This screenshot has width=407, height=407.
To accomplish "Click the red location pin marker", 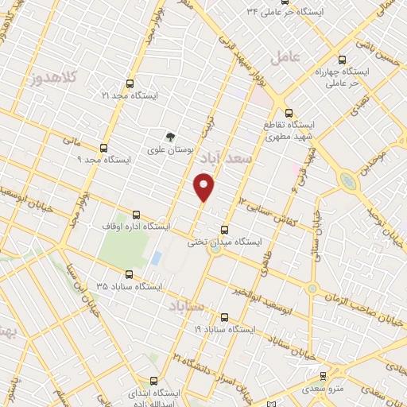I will pyautogui.click(x=204, y=188).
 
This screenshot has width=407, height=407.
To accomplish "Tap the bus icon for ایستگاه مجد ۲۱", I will pyautogui.click(x=129, y=82).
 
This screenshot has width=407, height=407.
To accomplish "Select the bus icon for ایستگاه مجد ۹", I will pyautogui.click(x=104, y=148).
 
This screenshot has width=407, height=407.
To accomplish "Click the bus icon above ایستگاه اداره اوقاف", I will pyautogui.click(x=136, y=215).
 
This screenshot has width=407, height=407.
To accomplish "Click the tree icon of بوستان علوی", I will pyautogui.click(x=169, y=137).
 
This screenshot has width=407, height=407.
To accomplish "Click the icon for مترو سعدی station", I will pyautogui.click(x=323, y=376).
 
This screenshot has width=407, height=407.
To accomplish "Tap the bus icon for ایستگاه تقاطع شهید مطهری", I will pyautogui.click(x=289, y=113).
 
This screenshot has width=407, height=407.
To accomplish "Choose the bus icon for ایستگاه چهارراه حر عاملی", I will pyautogui.click(x=343, y=59).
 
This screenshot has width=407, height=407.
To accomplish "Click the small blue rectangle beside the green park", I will pyautogui.click(x=157, y=258).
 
